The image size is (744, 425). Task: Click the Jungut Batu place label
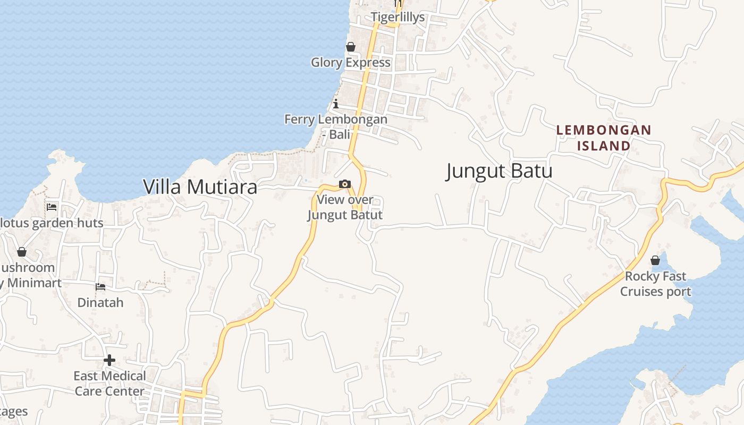coord(499,171)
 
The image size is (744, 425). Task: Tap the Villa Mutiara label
coord(200,187)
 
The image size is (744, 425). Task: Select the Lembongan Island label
coord(604,138)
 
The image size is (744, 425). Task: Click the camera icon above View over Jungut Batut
coord(345,184)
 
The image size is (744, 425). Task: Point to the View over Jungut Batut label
coord(345,207)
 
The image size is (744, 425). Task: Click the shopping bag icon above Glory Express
coord(351,47)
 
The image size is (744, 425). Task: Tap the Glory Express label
coord(351,63)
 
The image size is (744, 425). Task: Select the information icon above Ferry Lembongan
coord(336,104)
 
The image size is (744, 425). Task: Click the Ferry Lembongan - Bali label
coord(336,126)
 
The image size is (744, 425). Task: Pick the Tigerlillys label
coord(398,17)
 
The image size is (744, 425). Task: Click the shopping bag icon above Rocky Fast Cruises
coord(655,260)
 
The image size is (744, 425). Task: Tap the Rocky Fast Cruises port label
coord(655,284)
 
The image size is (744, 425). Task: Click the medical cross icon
coord(109,360)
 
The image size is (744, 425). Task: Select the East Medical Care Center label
coord(109,384)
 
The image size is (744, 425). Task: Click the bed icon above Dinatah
coord(100,287)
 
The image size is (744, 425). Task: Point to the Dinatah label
coord(100,303)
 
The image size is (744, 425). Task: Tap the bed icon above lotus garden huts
coord(52,207)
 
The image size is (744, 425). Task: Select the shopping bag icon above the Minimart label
coord(22,252)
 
